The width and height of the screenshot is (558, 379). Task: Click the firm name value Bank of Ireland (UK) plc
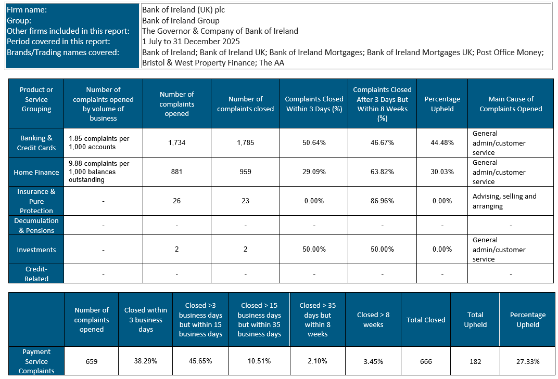[x=183, y=10]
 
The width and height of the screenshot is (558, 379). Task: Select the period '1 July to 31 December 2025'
[x=191, y=42]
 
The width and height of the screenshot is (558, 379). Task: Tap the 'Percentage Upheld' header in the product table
[x=442, y=104]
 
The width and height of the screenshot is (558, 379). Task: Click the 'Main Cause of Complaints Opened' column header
[x=511, y=104]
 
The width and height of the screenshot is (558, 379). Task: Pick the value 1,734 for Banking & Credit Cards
[x=177, y=143]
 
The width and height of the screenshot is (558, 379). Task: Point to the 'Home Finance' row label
[x=36, y=172]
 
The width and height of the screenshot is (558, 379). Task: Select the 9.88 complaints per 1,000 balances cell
[x=103, y=172]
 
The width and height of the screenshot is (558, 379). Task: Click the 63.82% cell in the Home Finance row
[x=382, y=172]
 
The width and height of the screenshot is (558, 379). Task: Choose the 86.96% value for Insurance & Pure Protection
[x=382, y=201]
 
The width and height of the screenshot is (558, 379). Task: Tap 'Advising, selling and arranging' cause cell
[x=504, y=201]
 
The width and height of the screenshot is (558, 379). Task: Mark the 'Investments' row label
[x=36, y=250]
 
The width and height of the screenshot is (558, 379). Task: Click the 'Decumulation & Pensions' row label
[x=36, y=226]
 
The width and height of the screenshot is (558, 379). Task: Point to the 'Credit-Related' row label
[x=36, y=274]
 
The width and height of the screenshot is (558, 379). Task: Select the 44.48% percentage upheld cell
[x=442, y=143]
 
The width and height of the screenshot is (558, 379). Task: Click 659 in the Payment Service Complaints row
[x=92, y=361]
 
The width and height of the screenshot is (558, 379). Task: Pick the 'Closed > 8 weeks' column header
[x=373, y=320]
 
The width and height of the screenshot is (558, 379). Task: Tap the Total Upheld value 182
[x=475, y=361]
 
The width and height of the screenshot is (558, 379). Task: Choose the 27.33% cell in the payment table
[x=527, y=361]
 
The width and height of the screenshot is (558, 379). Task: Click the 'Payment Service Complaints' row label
[x=36, y=361]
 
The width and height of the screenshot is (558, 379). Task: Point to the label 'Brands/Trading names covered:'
[x=63, y=53]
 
